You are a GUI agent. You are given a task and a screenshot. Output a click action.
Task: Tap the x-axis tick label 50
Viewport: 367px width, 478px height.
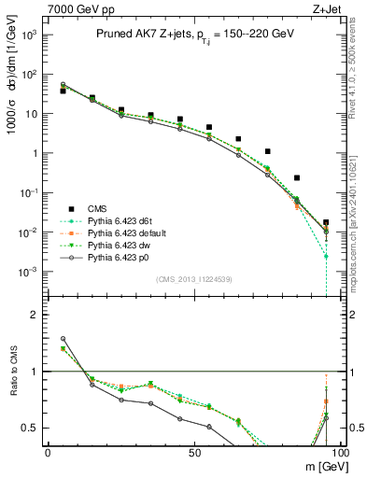point(193,453)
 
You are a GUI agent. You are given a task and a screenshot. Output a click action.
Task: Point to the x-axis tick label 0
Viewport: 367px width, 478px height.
point(47,453)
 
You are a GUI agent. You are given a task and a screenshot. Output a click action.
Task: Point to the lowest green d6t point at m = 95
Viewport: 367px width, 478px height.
point(326,256)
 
